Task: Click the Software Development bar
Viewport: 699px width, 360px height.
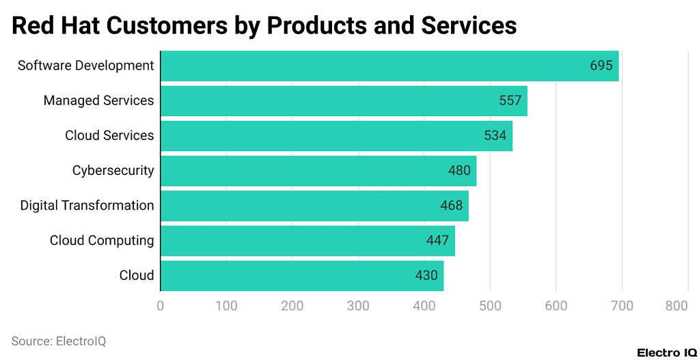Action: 389,66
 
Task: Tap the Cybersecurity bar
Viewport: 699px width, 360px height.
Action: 318,170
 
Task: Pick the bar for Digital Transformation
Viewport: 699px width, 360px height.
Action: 314,206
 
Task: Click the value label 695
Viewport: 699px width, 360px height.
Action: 601,66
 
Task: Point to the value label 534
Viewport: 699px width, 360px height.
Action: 495,135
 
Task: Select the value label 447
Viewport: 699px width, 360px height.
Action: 437,240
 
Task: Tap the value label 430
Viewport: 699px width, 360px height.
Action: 426,275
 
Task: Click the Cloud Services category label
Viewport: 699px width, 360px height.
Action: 109,135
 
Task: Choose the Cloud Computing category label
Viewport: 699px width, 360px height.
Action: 102,240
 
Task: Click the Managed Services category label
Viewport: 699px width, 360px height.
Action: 98,100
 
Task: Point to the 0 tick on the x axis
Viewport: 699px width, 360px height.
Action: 161,306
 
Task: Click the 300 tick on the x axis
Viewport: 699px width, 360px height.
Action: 358,306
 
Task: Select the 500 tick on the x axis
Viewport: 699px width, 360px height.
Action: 490,306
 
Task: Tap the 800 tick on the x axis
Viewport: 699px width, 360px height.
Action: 676,306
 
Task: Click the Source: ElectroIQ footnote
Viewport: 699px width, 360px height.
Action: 59,341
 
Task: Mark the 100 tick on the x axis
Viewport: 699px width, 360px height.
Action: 226,306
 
